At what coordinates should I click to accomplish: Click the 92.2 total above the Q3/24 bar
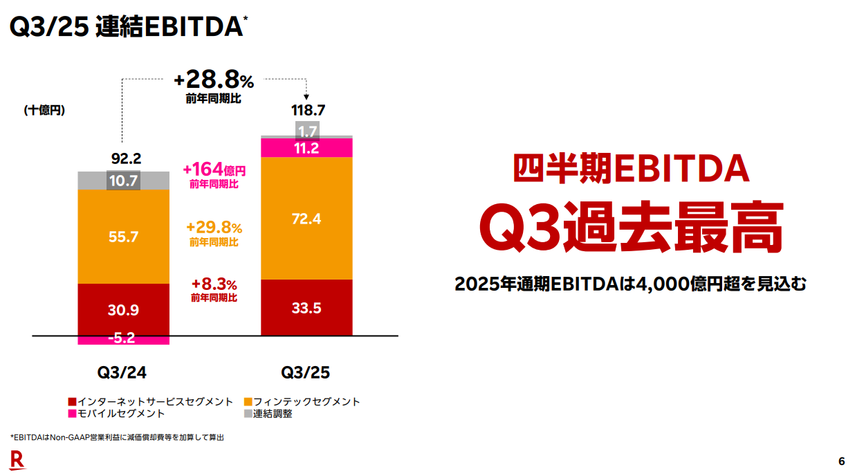point(124,158)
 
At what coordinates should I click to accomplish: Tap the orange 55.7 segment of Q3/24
point(124,237)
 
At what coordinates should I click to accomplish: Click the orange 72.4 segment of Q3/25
point(306,219)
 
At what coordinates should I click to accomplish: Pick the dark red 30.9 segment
point(124,310)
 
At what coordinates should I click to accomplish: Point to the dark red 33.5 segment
point(306,309)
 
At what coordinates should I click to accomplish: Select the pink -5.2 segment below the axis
point(124,340)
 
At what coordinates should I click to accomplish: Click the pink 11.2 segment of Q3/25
point(306,148)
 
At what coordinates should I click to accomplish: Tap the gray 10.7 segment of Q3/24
point(124,181)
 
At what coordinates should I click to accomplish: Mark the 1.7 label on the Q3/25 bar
point(306,131)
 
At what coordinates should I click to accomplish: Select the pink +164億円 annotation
point(214,170)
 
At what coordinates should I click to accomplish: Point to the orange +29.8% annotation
point(214,228)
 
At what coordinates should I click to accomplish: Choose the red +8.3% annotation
point(214,284)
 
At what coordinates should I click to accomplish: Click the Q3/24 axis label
point(122,372)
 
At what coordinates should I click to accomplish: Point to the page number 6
point(841,461)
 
